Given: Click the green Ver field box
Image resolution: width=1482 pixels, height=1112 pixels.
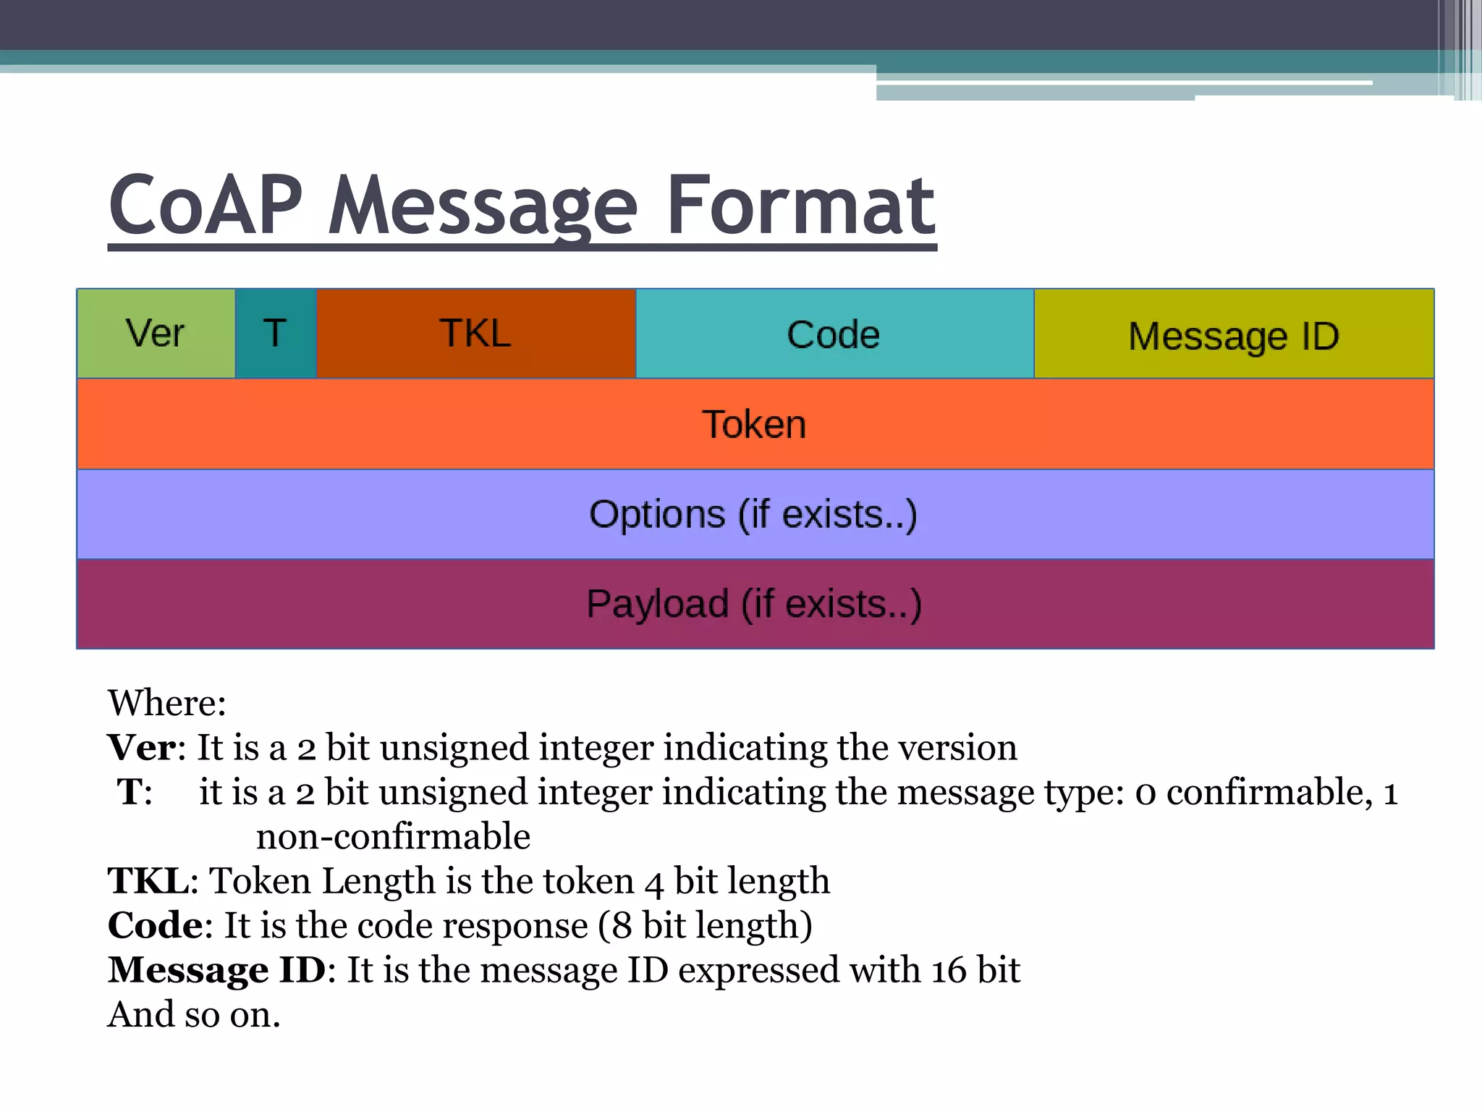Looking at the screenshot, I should (x=156, y=334).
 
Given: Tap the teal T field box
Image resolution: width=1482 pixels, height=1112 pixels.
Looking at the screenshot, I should (x=276, y=334).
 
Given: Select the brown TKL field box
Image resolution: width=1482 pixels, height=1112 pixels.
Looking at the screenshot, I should (x=475, y=334).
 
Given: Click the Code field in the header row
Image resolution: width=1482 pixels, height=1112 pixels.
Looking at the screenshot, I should (x=834, y=335).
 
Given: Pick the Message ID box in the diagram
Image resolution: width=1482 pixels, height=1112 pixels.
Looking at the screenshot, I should (x=1234, y=337).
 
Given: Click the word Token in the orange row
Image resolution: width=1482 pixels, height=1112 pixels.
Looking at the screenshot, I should (x=754, y=424).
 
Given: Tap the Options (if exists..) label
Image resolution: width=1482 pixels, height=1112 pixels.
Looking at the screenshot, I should (x=753, y=515).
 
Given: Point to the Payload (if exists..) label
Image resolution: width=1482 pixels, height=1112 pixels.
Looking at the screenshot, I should (x=754, y=604).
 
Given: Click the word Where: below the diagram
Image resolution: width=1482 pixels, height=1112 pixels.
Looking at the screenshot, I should (x=167, y=703).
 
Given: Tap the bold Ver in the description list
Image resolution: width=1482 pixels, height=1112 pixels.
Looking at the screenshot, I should (x=141, y=747).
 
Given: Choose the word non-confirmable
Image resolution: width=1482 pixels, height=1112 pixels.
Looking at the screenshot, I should (x=393, y=837).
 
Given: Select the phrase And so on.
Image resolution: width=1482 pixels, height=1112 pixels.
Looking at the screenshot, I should (x=193, y=1015).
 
